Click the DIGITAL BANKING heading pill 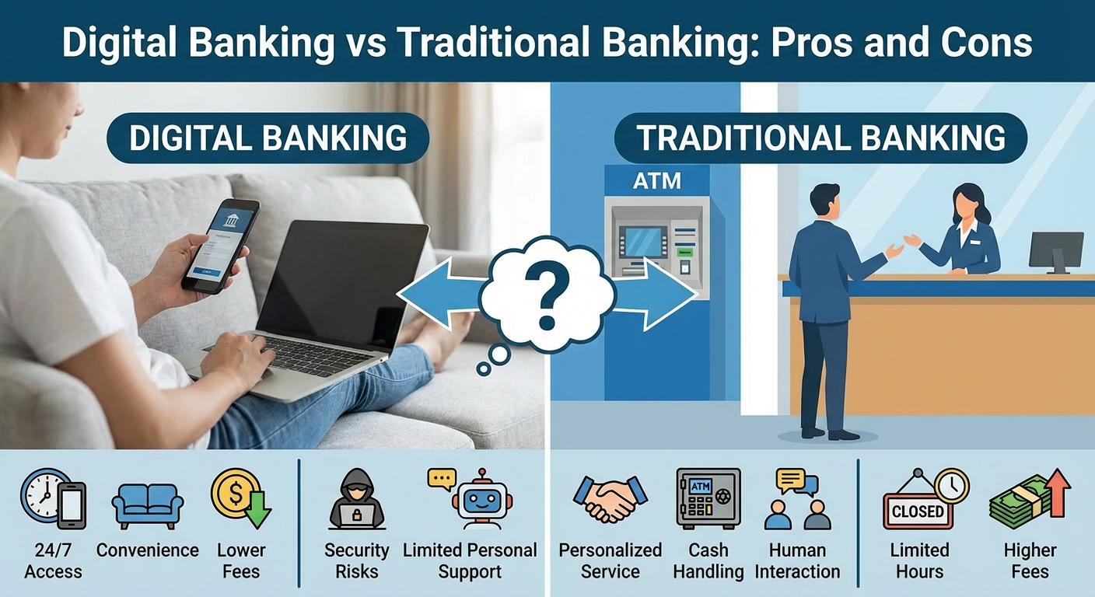coord(268,138)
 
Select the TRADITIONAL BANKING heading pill coord(820,138)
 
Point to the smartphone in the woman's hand coord(220,245)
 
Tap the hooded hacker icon coord(357,500)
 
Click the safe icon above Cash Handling coord(708,498)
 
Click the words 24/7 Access coord(53,560)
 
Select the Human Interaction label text coord(797,560)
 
